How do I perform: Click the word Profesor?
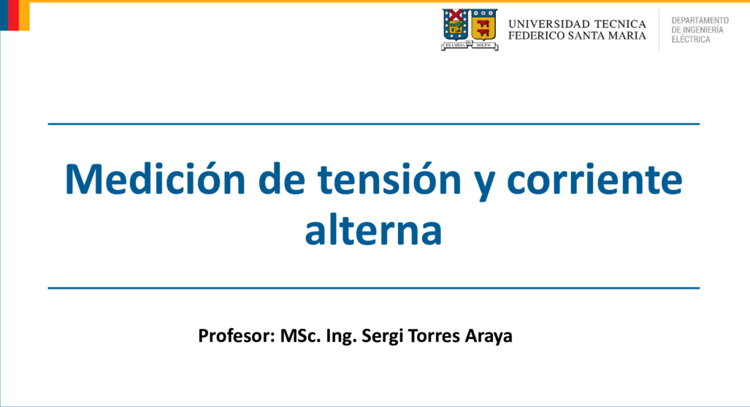(x=237, y=335)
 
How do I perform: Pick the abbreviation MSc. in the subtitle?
(x=300, y=335)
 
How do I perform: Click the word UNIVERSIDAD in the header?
(x=548, y=24)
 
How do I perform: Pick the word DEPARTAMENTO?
(x=700, y=20)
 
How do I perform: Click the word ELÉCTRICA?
(x=691, y=39)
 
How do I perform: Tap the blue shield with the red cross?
(x=456, y=25)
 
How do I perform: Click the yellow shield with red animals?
(x=484, y=25)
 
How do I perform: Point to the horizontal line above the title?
(x=374, y=124)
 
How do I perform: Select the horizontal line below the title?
(x=374, y=288)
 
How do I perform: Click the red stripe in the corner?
(x=13, y=15)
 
